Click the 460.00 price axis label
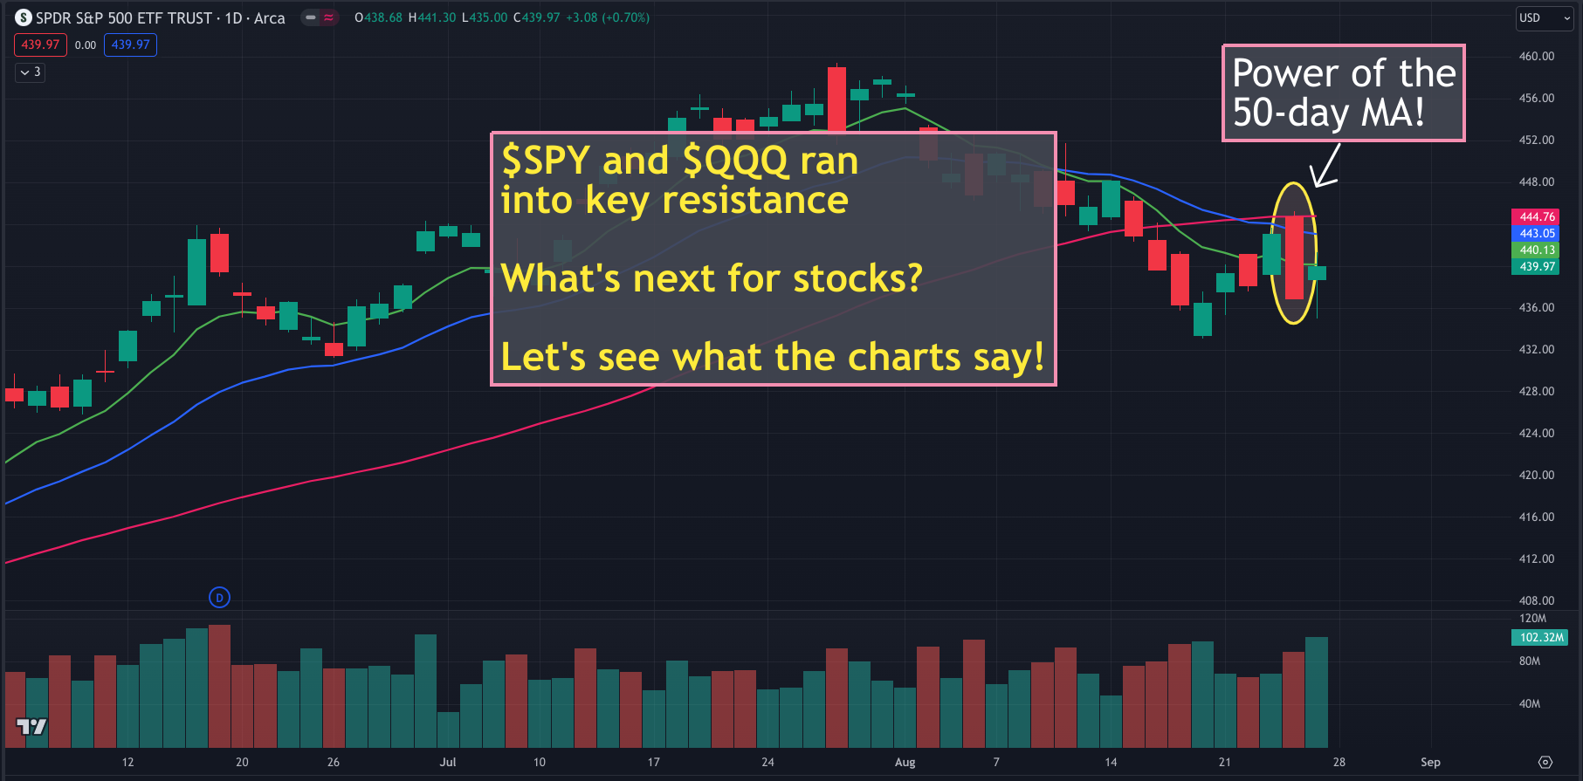(1537, 56)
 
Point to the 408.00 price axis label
(1537, 600)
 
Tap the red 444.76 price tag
(1537, 216)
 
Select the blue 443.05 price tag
(1537, 233)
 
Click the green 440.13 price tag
(1537, 250)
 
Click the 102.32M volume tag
(1541, 637)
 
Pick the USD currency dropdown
(1545, 17)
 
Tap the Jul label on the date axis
(448, 762)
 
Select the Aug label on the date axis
(905, 762)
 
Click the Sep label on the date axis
(1430, 762)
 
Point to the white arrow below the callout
(1326, 165)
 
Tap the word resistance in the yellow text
(755, 200)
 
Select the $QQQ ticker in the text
(736, 161)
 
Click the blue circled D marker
(220, 598)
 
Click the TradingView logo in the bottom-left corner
(31, 726)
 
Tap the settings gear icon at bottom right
(1545, 762)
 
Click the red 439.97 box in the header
(40, 45)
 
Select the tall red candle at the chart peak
(837, 99)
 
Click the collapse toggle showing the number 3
(30, 72)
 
